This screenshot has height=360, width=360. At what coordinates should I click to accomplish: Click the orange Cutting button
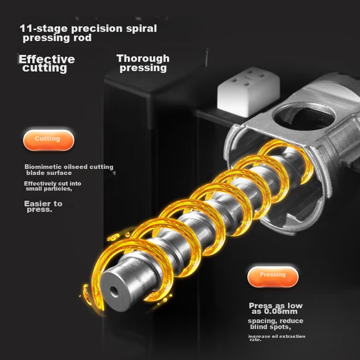[48, 140]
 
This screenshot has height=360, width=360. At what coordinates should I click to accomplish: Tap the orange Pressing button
[273, 276]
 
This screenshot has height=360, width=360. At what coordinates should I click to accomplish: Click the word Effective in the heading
[47, 59]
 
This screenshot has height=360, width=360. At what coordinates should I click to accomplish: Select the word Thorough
[143, 58]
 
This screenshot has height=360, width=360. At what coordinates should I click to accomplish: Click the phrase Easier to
[43, 204]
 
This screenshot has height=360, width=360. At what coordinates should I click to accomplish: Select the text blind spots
[270, 327]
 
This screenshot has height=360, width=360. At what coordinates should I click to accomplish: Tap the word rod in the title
[83, 38]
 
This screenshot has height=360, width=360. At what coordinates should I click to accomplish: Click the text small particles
[49, 189]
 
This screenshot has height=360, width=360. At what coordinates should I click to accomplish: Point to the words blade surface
[49, 173]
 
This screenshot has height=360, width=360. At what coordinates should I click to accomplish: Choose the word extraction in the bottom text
[293, 336]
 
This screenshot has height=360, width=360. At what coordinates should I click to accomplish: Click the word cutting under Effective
[45, 68]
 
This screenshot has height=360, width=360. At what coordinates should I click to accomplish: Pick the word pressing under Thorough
[143, 68]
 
